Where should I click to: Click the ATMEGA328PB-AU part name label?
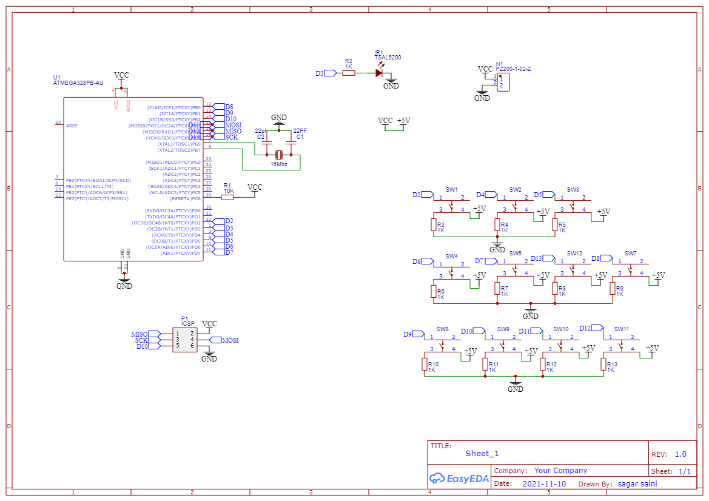tap(78, 82)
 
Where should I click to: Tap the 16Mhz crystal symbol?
tap(280, 154)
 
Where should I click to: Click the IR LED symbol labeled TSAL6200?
tap(379, 73)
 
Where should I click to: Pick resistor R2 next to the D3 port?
tap(349, 73)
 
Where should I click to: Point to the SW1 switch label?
tap(452, 190)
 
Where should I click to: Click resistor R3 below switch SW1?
tap(433, 225)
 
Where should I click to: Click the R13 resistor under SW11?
tap(603, 364)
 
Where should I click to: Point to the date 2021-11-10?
tap(544, 484)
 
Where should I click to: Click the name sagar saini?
tap(637, 484)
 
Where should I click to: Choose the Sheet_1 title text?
tap(482, 454)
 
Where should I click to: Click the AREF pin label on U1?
tap(72, 126)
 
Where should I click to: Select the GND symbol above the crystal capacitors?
tap(279, 120)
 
